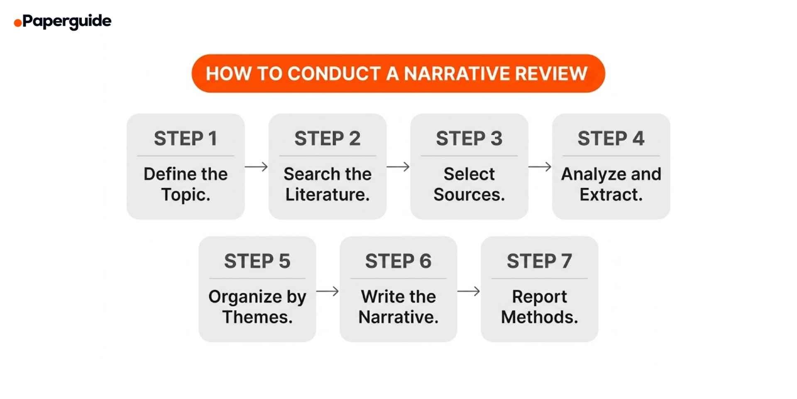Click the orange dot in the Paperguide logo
(17, 22)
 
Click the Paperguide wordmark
(67, 21)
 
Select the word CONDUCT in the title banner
(334, 74)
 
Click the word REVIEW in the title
(551, 74)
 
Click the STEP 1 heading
(186, 138)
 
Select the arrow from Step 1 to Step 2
(256, 167)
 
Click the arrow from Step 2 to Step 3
(398, 167)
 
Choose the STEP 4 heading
(611, 138)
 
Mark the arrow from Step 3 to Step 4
(540, 167)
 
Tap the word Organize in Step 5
(245, 297)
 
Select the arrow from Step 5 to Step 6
(328, 291)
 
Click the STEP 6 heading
(398, 261)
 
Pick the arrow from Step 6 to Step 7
(469, 291)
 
